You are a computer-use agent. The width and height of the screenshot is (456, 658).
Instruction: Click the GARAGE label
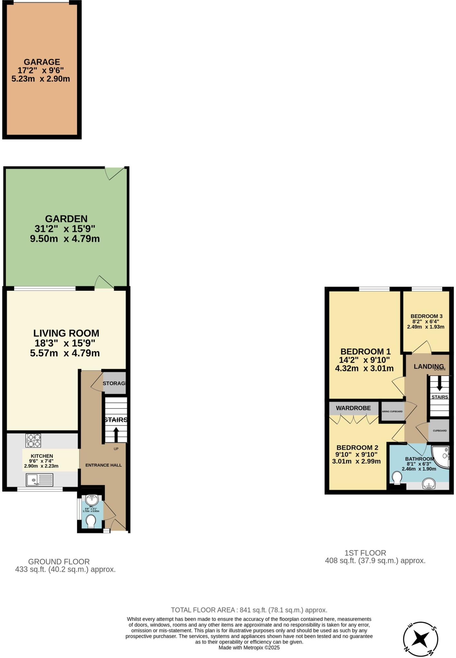(41, 62)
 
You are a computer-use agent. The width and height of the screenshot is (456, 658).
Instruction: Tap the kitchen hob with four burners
(33, 441)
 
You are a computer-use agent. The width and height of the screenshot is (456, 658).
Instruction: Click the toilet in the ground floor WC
(91, 521)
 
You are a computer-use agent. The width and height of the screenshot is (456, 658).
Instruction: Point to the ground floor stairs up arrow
(116, 435)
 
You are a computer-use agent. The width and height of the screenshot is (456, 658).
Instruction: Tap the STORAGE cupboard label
(114, 383)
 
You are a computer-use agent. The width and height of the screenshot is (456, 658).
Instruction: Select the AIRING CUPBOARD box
(392, 412)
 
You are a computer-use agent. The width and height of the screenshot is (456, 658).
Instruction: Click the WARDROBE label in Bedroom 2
(353, 408)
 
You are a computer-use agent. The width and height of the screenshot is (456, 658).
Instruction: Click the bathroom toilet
(397, 477)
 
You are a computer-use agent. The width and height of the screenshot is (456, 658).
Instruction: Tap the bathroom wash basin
(429, 484)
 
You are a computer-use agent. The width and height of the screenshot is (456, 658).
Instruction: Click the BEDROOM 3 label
(424, 316)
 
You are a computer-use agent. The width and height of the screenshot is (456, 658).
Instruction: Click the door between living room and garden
(104, 283)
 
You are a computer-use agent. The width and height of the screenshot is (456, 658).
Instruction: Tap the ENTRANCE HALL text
(103, 465)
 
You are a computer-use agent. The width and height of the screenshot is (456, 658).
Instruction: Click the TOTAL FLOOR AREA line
(249, 610)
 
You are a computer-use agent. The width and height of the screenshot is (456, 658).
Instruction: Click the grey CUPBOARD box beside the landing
(439, 431)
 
